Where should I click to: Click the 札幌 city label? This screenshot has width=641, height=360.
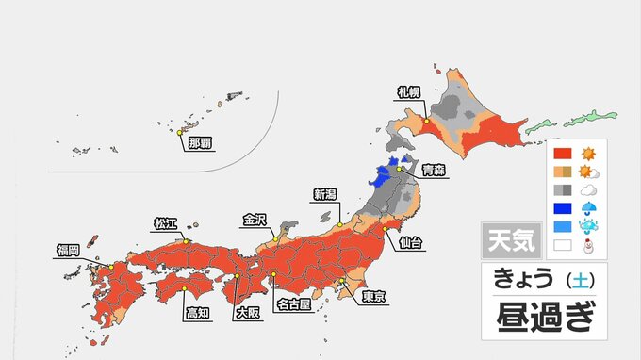point(409,92)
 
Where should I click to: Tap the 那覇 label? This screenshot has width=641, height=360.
point(200,143)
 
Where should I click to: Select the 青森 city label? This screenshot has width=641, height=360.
point(434,171)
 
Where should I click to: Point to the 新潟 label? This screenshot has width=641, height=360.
point(325,195)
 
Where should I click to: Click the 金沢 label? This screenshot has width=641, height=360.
point(255,221)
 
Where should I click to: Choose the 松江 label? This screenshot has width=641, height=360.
point(166,224)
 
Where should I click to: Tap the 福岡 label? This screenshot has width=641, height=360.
point(69,251)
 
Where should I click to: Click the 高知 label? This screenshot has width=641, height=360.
point(197,311)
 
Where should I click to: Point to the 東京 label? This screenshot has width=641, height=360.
point(373,297)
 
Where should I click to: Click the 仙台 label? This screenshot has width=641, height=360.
point(411,243)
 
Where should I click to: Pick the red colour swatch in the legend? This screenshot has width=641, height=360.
point(562,153)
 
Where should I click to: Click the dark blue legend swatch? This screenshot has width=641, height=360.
point(562,208)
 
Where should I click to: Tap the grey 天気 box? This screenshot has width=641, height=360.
point(511,241)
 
